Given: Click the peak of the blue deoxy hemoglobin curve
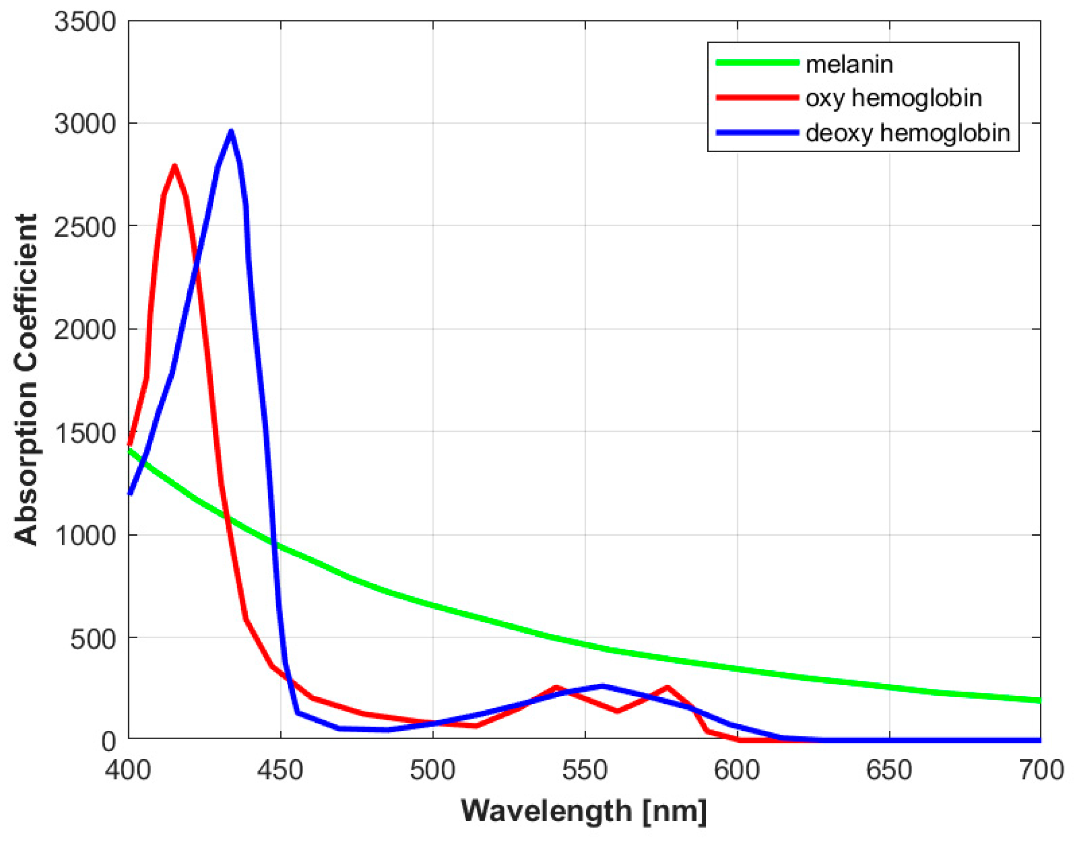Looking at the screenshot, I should coord(231,132).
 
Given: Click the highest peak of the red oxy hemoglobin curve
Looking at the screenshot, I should coord(174,167).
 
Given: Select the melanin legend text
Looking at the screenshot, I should coord(849,65).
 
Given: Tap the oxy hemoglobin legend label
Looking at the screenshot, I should coord(894,98).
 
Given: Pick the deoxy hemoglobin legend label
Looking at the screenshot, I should coord(908,133).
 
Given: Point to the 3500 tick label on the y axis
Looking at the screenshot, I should coord(85,22).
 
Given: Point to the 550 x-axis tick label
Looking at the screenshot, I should coord(585,770).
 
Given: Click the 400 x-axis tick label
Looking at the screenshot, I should coord(128,770).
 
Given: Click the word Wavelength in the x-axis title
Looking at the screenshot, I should coord(546,811).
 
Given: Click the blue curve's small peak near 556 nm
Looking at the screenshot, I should coord(603,686).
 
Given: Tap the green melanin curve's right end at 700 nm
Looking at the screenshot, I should coord(1038,700).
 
